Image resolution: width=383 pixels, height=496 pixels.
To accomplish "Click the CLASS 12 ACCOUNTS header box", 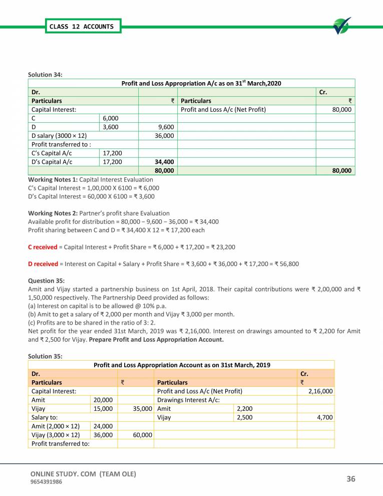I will [82, 27].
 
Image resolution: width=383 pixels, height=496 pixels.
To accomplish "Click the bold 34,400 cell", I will [164, 162].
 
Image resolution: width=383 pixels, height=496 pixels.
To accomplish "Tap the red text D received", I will [43, 264].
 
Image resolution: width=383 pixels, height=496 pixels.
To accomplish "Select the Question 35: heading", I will [46, 281].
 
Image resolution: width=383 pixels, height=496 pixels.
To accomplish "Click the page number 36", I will [350, 479].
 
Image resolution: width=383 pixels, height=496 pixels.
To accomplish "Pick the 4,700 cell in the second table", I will [323, 417].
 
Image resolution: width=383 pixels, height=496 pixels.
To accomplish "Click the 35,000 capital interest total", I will [143, 408].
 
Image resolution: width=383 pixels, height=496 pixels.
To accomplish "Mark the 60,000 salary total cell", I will [143, 435].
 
